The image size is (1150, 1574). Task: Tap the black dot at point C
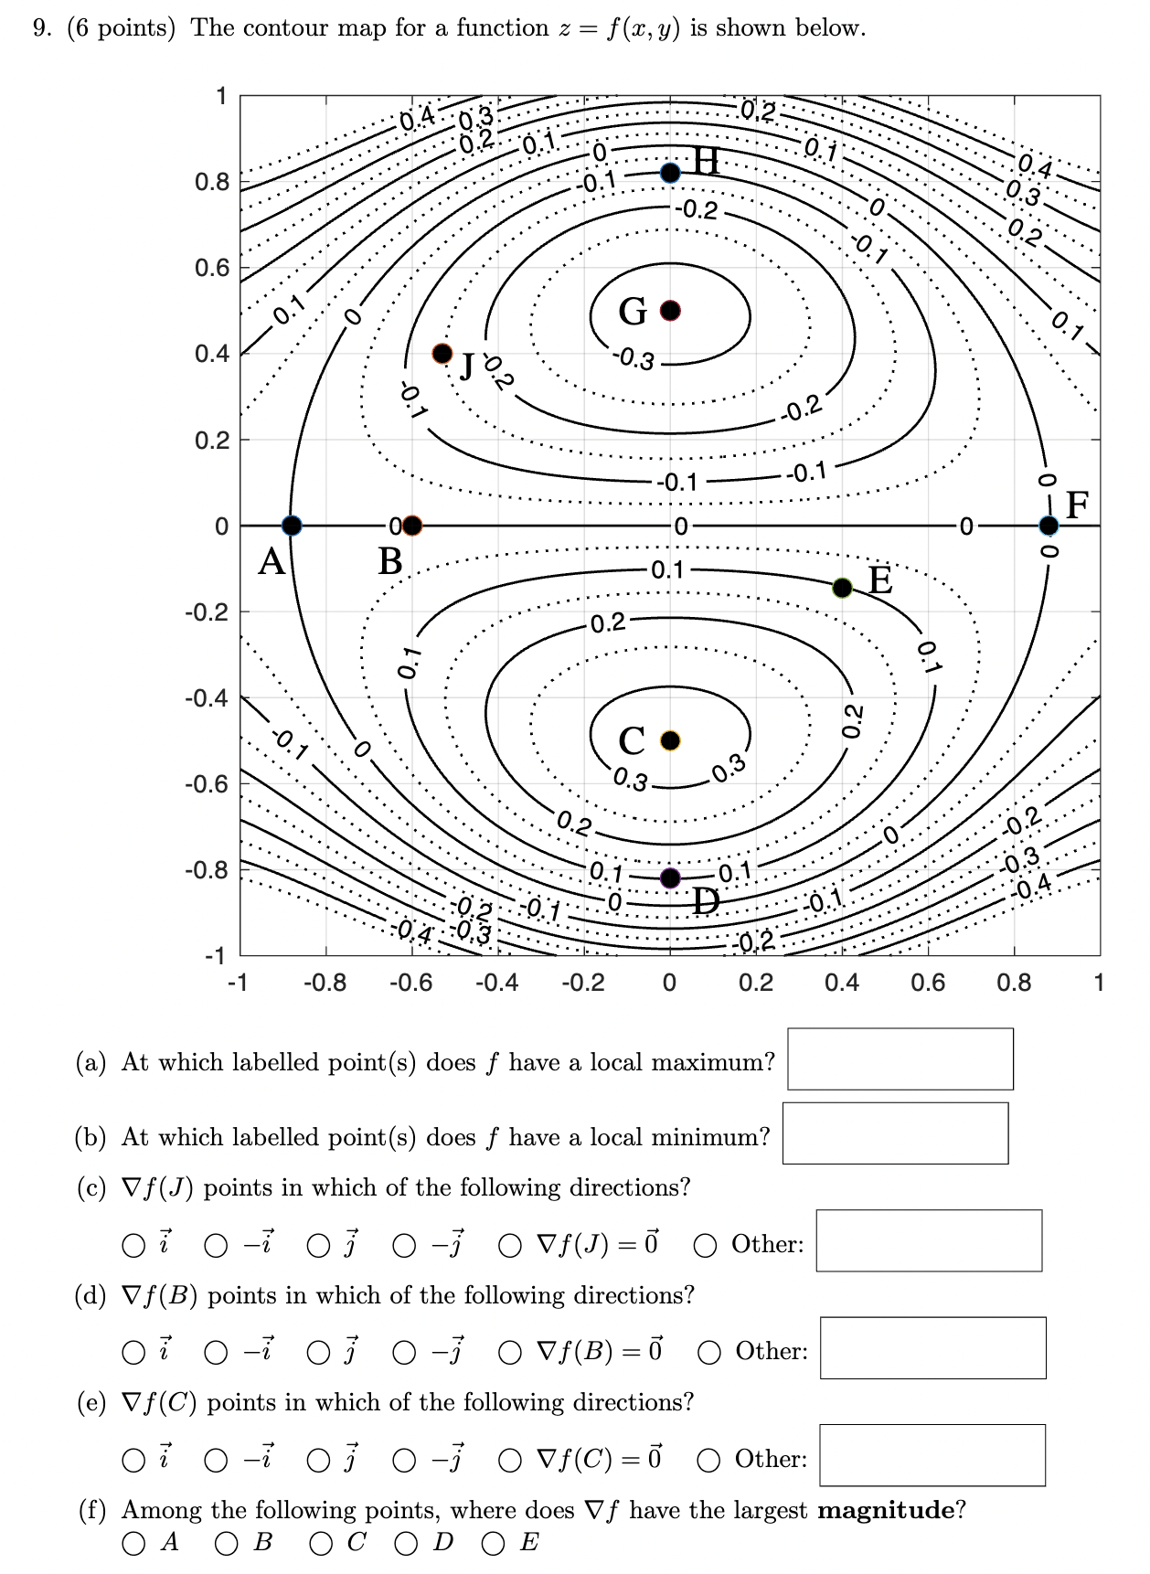click(671, 739)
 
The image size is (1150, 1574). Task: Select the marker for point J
click(442, 353)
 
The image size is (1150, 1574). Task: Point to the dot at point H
click(671, 173)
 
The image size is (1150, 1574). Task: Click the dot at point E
click(843, 588)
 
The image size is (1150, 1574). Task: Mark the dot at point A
click(292, 526)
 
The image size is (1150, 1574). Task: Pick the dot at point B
click(412, 526)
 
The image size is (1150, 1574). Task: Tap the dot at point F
click(1049, 526)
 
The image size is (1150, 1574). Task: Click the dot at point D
click(671, 877)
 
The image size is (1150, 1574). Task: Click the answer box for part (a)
click(900, 1058)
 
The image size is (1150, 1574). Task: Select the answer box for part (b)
click(895, 1133)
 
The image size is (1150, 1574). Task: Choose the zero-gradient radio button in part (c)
click(510, 1245)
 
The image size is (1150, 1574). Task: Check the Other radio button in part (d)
click(709, 1352)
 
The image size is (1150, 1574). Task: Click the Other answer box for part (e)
click(932, 1455)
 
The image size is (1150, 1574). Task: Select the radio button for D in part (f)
click(406, 1544)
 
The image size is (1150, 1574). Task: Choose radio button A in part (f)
click(133, 1544)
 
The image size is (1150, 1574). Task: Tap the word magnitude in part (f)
click(885, 1510)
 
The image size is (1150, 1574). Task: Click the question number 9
click(41, 28)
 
